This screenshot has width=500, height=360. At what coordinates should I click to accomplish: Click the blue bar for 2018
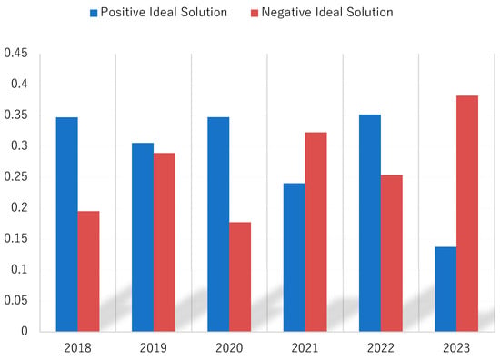(x=67, y=225)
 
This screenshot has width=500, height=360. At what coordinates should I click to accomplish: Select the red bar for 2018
(x=89, y=271)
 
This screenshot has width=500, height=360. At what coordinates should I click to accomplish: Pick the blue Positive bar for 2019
(x=143, y=237)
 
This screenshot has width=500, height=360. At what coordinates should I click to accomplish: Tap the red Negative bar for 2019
(x=165, y=242)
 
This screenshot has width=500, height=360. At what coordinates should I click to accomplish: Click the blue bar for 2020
(x=218, y=225)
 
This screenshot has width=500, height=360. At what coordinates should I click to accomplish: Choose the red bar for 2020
(x=240, y=276)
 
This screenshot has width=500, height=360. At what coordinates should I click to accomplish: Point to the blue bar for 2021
(x=295, y=257)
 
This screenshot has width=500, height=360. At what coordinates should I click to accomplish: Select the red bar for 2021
(x=316, y=232)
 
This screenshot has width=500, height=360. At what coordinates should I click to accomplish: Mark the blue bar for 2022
(x=370, y=223)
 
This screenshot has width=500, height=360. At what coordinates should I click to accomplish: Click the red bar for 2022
(x=392, y=253)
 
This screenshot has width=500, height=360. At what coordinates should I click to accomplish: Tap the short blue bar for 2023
(x=445, y=289)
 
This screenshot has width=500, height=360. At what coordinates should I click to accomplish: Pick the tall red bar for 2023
(x=467, y=214)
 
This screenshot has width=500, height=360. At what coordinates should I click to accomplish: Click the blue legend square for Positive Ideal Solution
(x=94, y=13)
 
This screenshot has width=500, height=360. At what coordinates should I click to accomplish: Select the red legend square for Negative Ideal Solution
(x=255, y=13)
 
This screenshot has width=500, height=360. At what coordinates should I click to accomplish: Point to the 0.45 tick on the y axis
(x=16, y=53)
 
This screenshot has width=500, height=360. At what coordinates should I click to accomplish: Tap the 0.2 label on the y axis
(x=19, y=207)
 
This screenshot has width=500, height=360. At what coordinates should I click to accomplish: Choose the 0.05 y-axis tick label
(x=16, y=300)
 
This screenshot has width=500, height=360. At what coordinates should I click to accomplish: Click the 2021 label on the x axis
(x=305, y=348)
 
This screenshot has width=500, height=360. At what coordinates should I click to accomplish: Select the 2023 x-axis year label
(x=456, y=348)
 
